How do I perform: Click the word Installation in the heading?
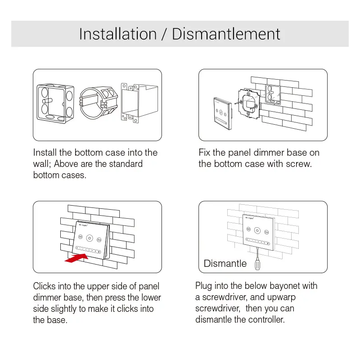(x=118, y=34)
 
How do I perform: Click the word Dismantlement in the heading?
(x=226, y=34)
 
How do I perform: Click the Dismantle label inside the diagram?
(x=225, y=263)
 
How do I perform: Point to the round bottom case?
(x=99, y=103)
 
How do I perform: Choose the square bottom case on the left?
(x=55, y=103)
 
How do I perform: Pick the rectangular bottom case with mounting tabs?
(x=139, y=103)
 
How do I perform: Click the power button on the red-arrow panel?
(x=90, y=238)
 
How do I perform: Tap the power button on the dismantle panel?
(x=257, y=230)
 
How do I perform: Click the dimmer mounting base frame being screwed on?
(x=249, y=103)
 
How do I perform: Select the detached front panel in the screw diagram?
(x=223, y=114)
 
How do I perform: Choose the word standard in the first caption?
(x=126, y=164)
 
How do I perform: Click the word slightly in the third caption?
(x=63, y=309)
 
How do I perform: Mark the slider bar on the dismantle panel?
(x=258, y=242)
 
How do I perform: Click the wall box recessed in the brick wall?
(x=273, y=94)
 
